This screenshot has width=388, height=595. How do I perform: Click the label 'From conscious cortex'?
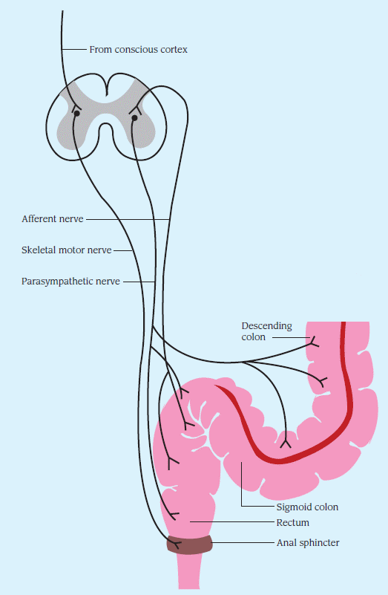(x=138, y=50)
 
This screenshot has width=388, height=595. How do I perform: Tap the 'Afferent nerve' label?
(x=52, y=219)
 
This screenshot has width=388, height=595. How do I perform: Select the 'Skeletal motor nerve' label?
(x=66, y=250)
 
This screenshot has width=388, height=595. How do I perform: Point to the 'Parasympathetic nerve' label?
(x=70, y=282)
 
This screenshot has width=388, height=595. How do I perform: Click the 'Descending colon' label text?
(x=267, y=331)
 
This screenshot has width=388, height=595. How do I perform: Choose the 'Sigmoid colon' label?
(x=307, y=507)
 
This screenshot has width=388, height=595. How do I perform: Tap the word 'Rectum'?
(x=293, y=522)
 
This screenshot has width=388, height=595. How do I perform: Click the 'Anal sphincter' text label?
(x=308, y=543)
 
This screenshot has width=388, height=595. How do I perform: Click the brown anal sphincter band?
(x=189, y=545)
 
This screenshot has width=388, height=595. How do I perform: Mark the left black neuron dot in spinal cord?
(x=76, y=113)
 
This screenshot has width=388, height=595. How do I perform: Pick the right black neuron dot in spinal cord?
(x=134, y=118)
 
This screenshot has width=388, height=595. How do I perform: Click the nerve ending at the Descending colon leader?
(x=314, y=342)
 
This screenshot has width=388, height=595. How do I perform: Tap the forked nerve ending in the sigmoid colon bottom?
(x=286, y=443)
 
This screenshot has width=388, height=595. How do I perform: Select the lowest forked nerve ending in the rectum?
(x=174, y=515)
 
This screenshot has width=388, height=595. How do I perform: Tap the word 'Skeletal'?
(x=36, y=250)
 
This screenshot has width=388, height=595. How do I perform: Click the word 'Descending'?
(x=267, y=326)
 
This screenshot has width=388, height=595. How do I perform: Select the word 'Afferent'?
(x=39, y=219)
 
